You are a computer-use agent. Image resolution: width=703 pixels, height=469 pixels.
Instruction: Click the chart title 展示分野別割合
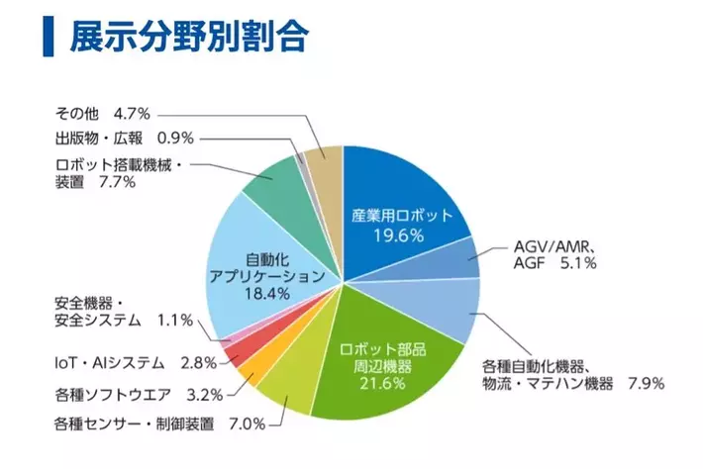188,38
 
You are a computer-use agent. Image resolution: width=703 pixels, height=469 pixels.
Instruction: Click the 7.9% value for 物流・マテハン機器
645,384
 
